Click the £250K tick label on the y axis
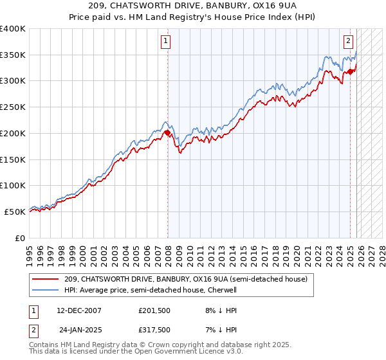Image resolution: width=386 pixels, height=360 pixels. point(13,107)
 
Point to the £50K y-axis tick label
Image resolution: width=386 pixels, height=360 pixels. point(15,212)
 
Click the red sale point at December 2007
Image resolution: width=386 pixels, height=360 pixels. point(167,133)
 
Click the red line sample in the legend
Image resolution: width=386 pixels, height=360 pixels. point(46,279)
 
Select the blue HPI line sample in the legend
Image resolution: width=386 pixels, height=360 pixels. point(46,290)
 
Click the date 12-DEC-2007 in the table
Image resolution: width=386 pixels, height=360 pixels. point(79,310)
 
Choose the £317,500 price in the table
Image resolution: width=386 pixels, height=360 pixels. point(154,329)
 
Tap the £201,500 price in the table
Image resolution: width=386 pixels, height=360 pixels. point(154,310)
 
